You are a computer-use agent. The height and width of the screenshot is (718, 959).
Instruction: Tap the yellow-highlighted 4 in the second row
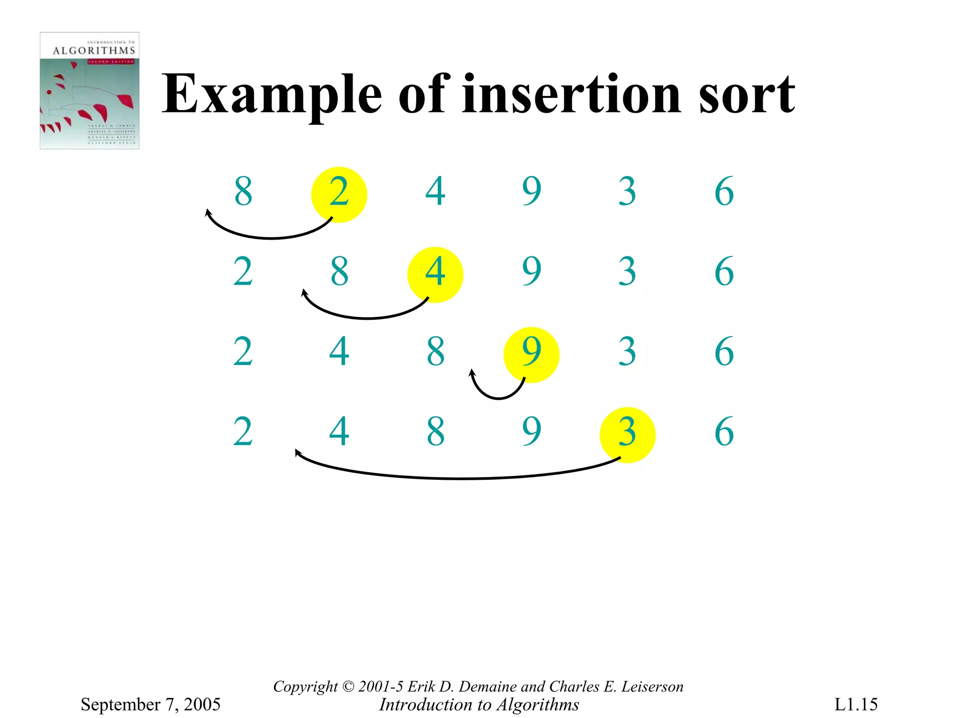pos(435,273)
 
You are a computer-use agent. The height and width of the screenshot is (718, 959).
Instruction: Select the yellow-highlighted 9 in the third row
pos(531,352)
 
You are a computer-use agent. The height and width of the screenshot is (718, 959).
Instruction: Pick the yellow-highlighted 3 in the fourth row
pos(627,433)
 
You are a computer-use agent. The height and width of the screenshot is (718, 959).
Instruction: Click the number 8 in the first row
pos(243,191)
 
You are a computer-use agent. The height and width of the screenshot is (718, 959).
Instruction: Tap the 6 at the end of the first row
pos(724,191)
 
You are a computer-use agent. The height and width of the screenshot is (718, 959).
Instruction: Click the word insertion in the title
pos(571,95)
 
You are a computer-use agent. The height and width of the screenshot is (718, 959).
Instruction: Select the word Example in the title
pos(272,95)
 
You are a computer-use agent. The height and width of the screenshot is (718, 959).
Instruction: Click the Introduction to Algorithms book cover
pos(89,91)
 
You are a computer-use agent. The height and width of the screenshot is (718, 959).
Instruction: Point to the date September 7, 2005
pos(150,704)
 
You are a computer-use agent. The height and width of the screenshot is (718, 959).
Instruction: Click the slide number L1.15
pos(856,704)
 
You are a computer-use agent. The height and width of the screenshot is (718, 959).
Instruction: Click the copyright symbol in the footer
pos(348,687)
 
